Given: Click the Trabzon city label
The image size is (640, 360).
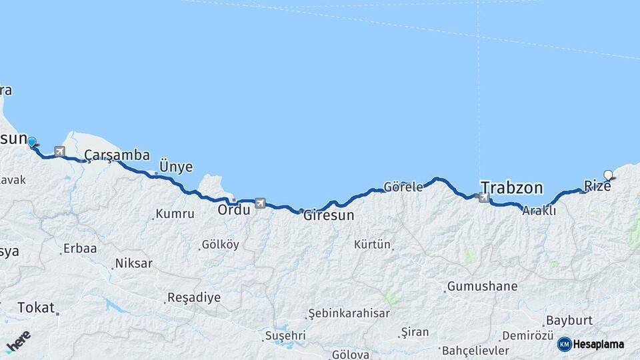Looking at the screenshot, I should point(511,187).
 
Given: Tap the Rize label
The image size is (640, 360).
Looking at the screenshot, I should point(597,186).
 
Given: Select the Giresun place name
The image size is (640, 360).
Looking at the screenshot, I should point(329,216).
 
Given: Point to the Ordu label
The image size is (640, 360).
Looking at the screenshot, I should point(234,209).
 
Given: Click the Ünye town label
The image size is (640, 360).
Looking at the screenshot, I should point(176,167).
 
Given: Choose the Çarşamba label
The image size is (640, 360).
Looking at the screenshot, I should point(117,155).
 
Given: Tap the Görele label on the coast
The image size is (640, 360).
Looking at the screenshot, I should point(403,187).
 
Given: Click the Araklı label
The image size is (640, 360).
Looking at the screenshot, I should point(539,210).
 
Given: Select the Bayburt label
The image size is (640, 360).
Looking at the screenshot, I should point(569,320).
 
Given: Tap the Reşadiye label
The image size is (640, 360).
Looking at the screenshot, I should point(193,297).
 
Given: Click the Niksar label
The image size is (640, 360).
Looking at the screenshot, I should point(133,263).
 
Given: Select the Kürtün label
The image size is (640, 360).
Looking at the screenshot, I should point(372,244).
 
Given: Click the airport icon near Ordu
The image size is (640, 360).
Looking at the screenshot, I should point(259,203).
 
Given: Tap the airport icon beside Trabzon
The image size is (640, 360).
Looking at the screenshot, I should point(483,197).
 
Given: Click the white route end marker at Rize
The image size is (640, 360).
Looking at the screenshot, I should point(608,175).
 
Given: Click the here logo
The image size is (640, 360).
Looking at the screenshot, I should point(19,341).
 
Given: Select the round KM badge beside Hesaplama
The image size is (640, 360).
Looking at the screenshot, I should point(564,344).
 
